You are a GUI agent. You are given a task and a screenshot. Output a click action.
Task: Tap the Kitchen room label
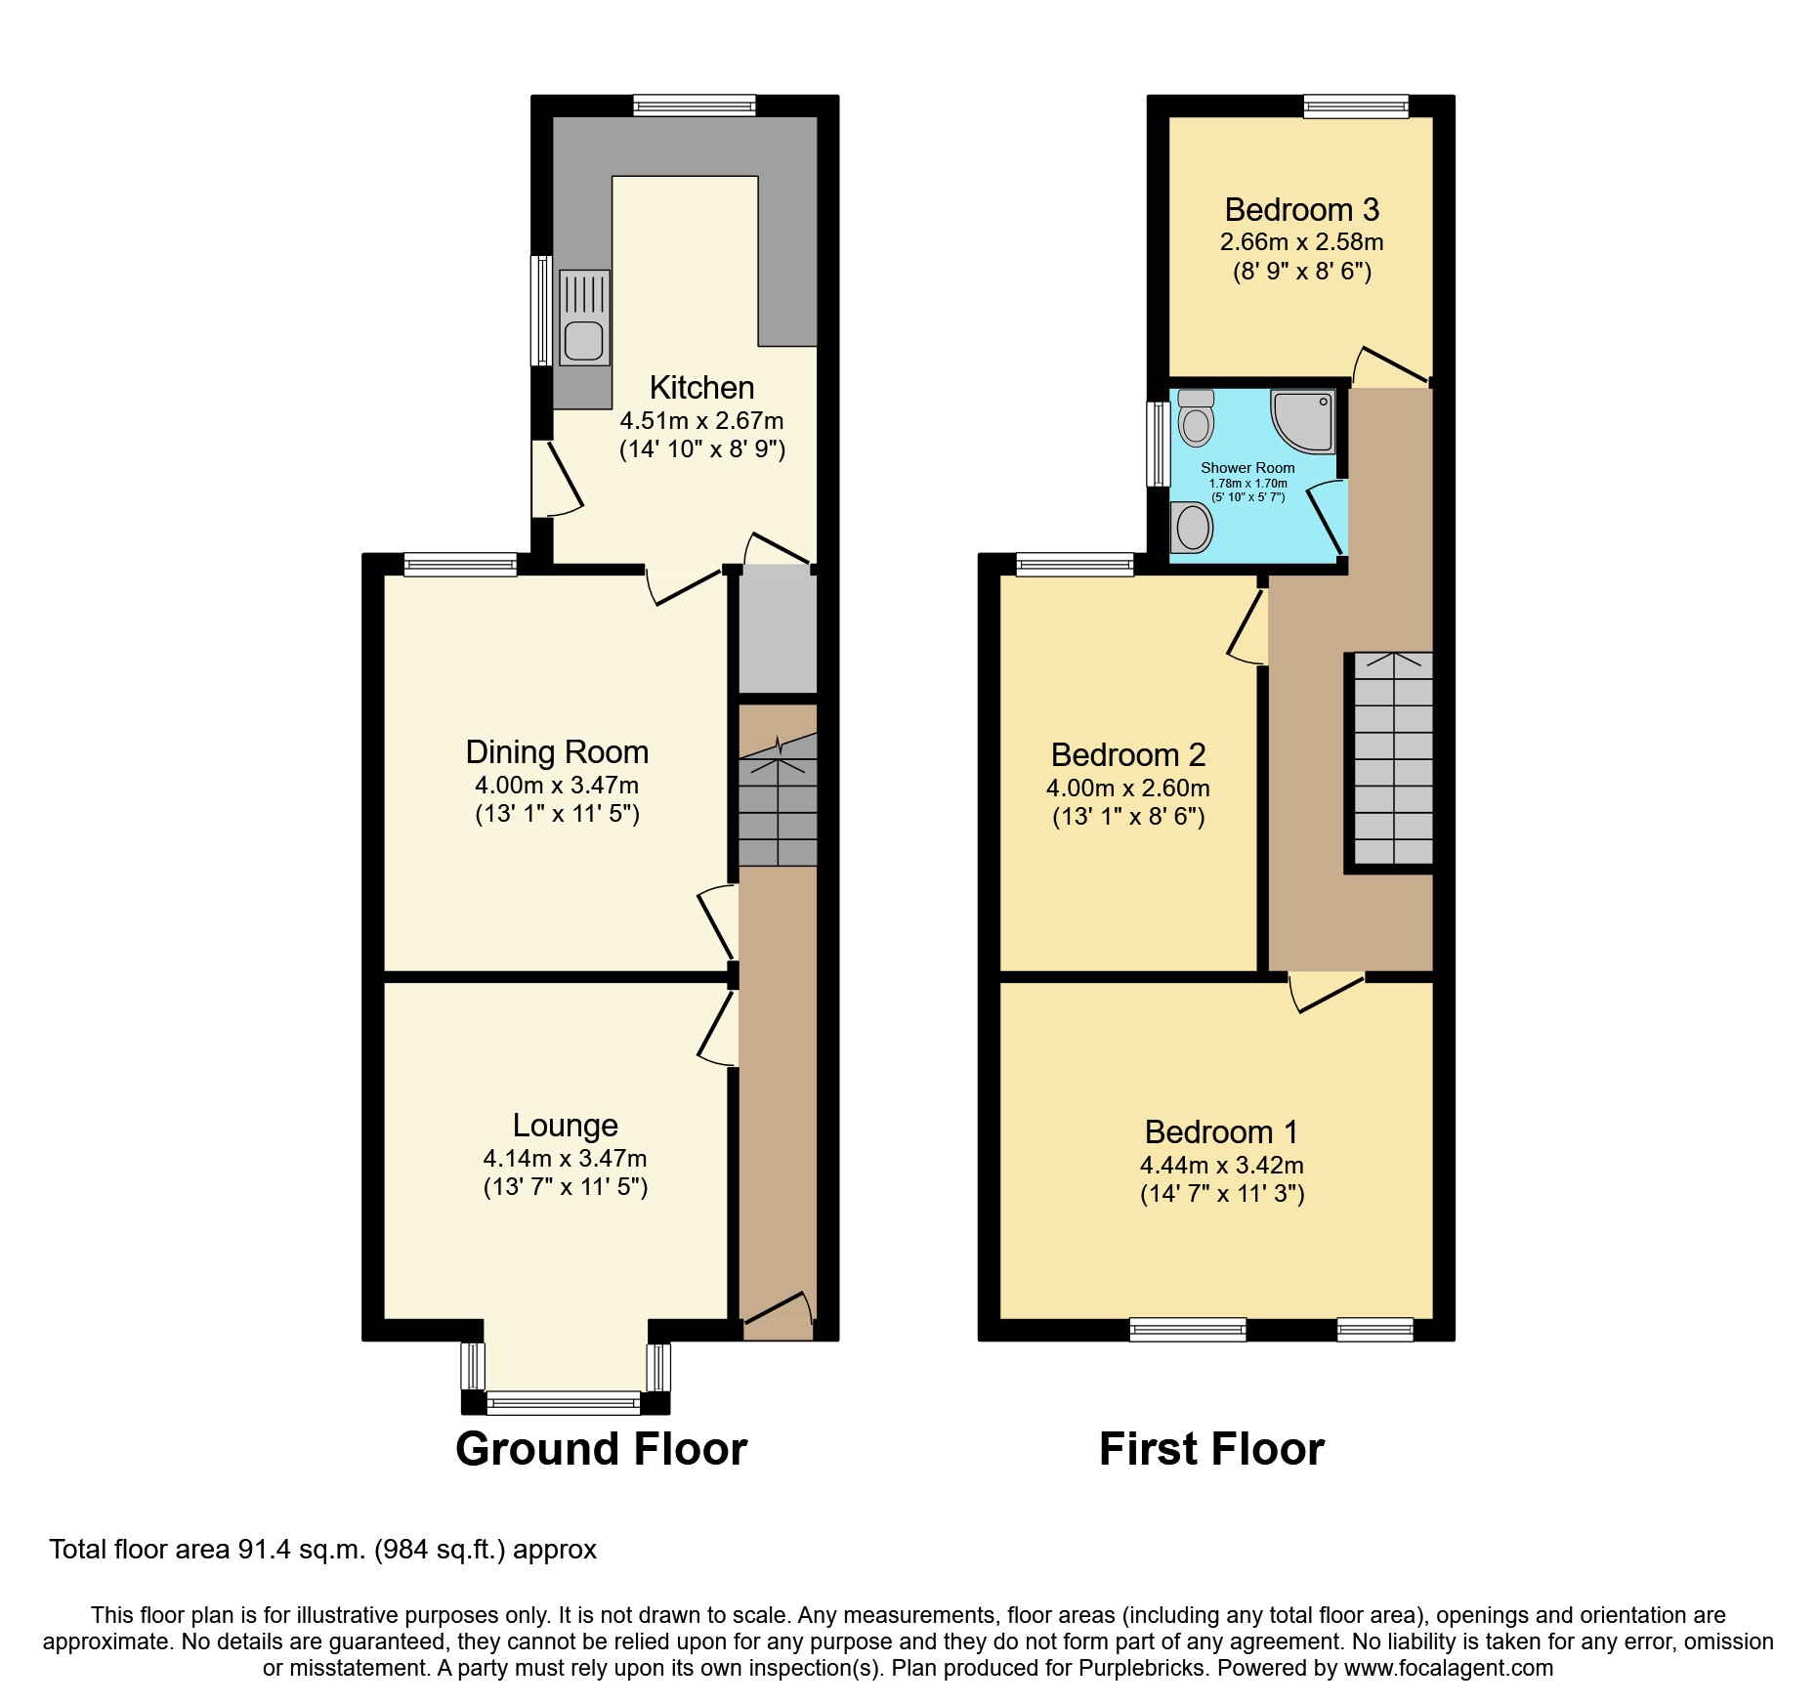tap(701, 388)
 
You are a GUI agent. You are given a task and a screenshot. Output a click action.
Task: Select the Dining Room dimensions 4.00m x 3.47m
tap(557, 785)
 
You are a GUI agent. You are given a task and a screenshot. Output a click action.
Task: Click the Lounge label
tap(565, 1126)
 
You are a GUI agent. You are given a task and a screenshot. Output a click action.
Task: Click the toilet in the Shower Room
tap(1196, 419)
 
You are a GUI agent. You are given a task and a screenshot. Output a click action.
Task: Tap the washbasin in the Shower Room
tap(1193, 528)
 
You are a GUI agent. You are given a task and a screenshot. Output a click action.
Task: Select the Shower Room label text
tap(1247, 468)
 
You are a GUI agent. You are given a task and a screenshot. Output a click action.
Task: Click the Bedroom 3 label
tap(1301, 210)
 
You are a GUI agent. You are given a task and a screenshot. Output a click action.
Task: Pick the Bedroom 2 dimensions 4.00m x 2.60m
tap(1127, 788)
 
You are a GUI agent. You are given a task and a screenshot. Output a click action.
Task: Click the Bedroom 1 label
tap(1221, 1132)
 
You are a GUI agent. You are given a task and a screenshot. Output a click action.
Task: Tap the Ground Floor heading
tap(601, 1449)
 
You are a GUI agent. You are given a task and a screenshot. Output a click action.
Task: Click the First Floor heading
tap(1211, 1449)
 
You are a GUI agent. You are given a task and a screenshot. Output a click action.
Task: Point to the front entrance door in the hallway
tap(778, 1317)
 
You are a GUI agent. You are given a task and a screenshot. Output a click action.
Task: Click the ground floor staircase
tap(778, 801)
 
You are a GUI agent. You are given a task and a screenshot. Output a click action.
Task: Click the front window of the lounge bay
tap(565, 1404)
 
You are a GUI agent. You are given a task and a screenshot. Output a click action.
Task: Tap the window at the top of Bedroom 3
tap(1356, 107)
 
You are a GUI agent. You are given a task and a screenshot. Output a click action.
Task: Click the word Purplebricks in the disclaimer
tap(1142, 1668)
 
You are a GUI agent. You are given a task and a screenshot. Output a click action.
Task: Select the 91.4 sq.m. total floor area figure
tap(302, 1550)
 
